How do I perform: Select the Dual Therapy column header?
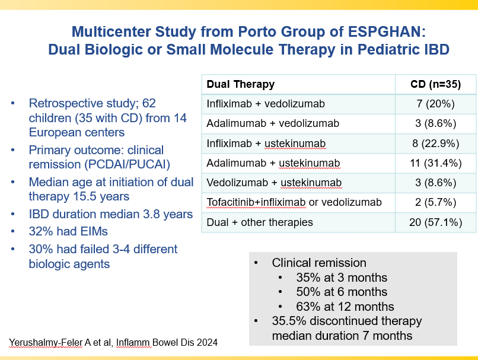[x=240, y=84]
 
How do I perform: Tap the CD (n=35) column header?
[x=436, y=84]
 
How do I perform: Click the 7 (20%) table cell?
[x=436, y=104]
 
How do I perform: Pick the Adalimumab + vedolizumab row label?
[x=273, y=123]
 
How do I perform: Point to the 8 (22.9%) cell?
[x=436, y=143]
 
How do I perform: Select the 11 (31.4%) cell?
[x=436, y=163]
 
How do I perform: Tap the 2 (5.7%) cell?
[x=436, y=202]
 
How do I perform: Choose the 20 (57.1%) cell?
[x=436, y=222]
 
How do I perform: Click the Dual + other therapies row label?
[x=260, y=222]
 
